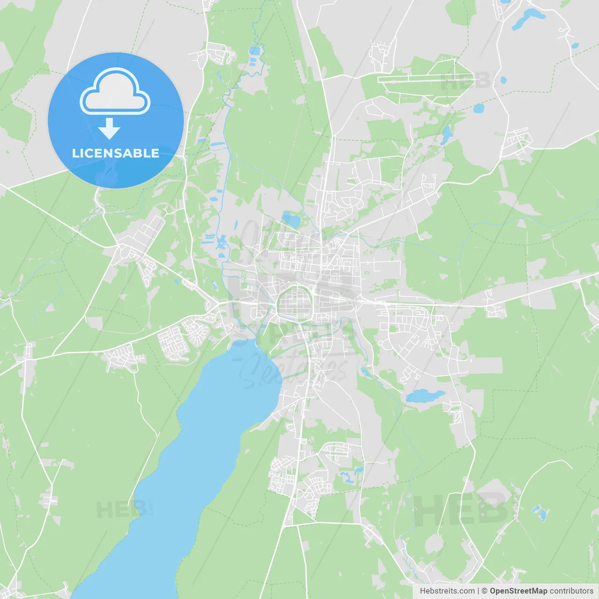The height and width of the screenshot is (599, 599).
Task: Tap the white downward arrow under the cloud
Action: pyautogui.click(x=109, y=129)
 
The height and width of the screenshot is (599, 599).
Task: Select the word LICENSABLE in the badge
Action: pyautogui.click(x=116, y=153)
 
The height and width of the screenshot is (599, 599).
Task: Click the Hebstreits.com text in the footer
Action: pyautogui.click(x=447, y=591)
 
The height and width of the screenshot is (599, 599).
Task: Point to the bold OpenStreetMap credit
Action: pyautogui.click(x=519, y=591)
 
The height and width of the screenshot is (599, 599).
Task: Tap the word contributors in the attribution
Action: pyautogui.click(x=571, y=591)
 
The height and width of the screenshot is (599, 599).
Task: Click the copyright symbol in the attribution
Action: pyautogui.click(x=485, y=591)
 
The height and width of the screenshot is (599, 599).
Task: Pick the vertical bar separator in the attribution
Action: pyautogui.click(x=478, y=591)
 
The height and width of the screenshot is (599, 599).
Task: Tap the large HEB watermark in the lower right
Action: pyautogui.click(x=461, y=509)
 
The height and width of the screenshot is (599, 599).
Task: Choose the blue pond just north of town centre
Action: pyautogui.click(x=291, y=219)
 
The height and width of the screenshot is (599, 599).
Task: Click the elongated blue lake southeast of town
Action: pyautogui.click(x=425, y=396)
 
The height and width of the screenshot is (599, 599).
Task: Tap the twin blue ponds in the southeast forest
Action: pyautogui.click(x=540, y=513)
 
